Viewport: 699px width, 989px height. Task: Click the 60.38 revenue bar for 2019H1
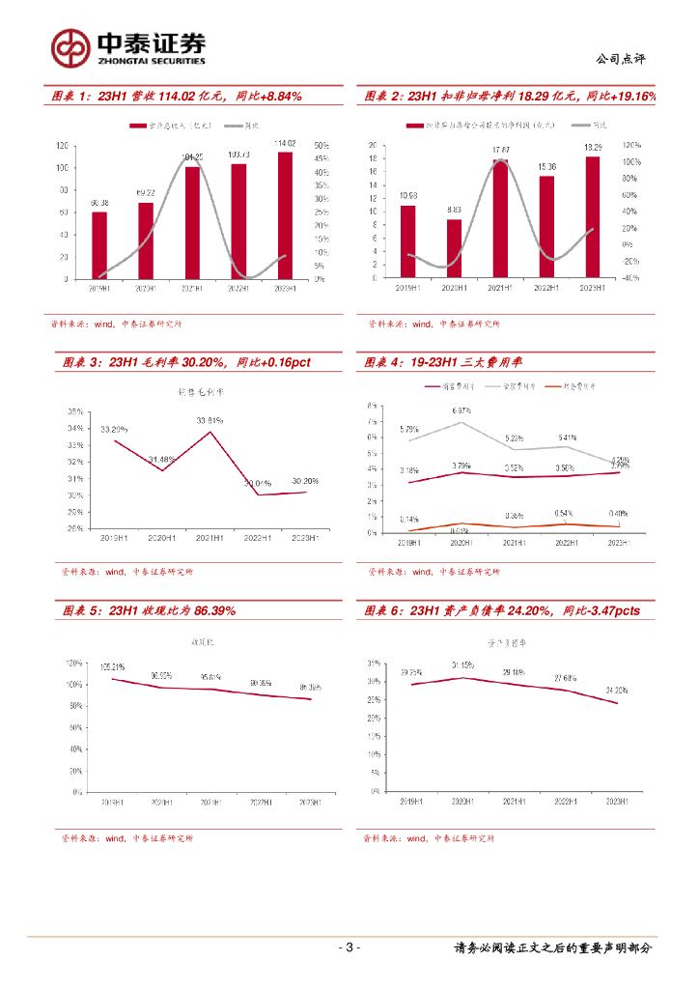pos(99,245)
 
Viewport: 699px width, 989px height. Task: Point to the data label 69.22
pos(146,194)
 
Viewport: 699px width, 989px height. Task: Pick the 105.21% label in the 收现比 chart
pos(114,666)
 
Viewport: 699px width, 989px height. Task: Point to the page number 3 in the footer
pos(349,947)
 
